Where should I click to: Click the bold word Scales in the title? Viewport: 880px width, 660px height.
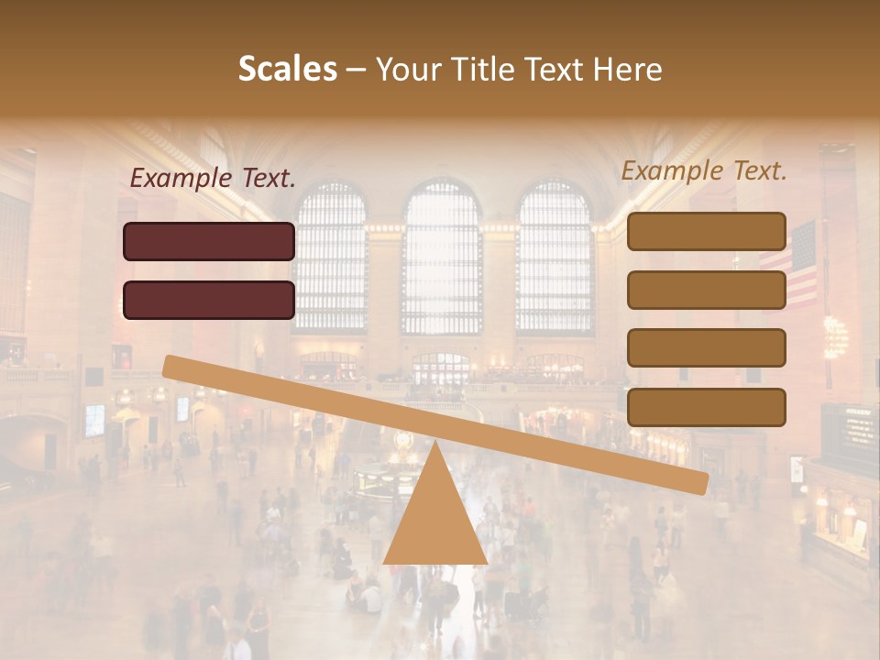click(x=287, y=69)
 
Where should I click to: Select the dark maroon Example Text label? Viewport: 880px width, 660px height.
click(x=213, y=179)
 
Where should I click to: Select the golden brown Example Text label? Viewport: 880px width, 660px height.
click(x=704, y=170)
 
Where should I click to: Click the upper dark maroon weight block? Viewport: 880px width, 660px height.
click(x=209, y=241)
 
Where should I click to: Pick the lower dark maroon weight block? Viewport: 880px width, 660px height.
click(x=209, y=300)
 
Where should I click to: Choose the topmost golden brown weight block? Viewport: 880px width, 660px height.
click(x=706, y=231)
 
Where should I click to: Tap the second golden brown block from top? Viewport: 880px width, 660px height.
click(x=706, y=290)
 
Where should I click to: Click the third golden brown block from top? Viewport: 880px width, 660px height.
click(x=706, y=348)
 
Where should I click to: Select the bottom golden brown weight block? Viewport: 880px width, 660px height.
click(x=706, y=407)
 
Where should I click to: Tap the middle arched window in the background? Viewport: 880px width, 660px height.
click(x=442, y=257)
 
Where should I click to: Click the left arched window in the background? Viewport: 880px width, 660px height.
click(x=330, y=257)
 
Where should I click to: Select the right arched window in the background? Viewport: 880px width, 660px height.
click(x=555, y=257)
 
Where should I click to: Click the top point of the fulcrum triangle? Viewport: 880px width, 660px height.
click(x=435, y=445)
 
